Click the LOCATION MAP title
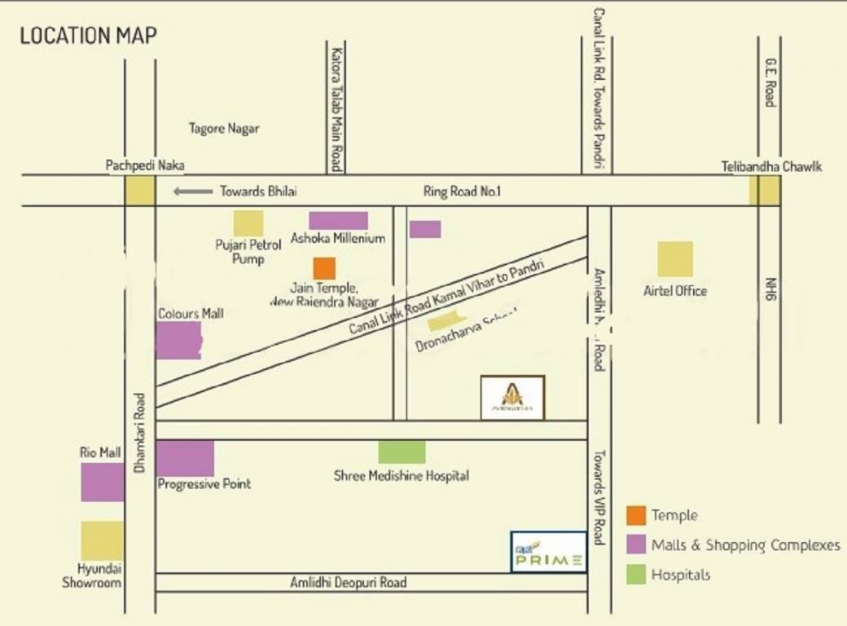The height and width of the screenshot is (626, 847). pos(88,36)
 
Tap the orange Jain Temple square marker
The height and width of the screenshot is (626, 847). pos(324,268)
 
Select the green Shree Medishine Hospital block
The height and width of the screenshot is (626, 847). pos(402,452)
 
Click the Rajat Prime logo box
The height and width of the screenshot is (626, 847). pos(548,552)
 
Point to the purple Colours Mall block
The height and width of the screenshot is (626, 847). pos(178,340)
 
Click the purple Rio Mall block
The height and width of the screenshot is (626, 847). pos(103,482)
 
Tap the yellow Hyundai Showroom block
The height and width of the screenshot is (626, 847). pos(103,540)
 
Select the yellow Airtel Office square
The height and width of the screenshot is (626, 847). pos(675,259)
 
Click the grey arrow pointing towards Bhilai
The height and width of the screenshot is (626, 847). pos(192,192)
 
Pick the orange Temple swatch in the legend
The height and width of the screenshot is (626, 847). pos(636,515)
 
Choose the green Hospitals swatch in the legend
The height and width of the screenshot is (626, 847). pos(636,575)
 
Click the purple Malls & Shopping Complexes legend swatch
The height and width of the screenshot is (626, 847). pos(636,544)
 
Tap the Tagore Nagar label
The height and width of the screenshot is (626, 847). pos(224,129)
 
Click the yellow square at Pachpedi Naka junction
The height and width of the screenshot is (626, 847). pos(139,191)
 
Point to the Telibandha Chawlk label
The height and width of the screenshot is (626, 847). pos(771,166)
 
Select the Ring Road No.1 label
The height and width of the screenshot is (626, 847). pos(463,192)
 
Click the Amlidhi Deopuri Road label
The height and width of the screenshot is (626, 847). pos(349,583)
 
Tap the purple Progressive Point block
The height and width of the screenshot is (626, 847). pos(185,458)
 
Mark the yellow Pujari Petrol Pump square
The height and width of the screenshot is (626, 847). pos(248,223)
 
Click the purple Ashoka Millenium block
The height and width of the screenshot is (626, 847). pos(338,221)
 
